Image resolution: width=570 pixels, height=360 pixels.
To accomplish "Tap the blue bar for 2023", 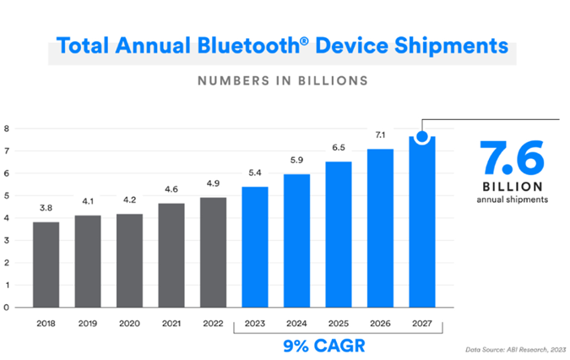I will click(x=255, y=247).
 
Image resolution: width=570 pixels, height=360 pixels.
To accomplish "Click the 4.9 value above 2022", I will click(x=213, y=181).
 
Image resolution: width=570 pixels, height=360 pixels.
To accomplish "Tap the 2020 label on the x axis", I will click(x=129, y=322).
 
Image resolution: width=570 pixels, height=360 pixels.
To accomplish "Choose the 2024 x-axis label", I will click(x=296, y=322).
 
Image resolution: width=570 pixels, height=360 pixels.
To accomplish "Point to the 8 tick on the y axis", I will click(x=6, y=129).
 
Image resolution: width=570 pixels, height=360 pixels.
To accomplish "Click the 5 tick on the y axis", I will click(x=6, y=196).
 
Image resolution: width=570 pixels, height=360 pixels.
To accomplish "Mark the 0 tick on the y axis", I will click(x=6, y=307).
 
